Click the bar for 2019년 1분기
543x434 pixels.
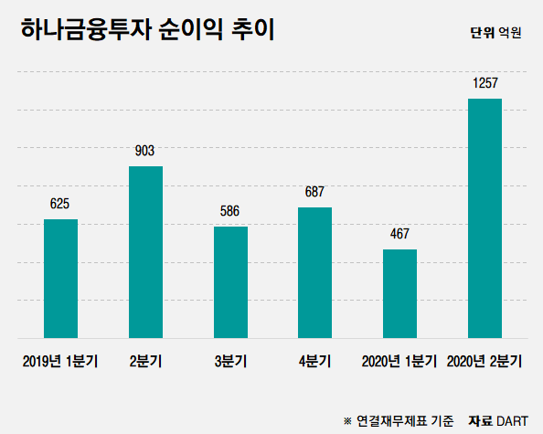pos(60,279)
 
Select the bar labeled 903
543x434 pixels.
pos(145,252)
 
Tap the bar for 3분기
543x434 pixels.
pos(230,282)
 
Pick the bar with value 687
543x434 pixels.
pos(314,272)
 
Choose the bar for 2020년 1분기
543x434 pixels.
pos(399,293)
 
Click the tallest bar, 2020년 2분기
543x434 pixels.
pos(484,218)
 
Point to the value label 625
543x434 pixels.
pos(60,204)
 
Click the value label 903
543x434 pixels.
pos(145,151)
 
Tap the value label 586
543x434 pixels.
pos(230,211)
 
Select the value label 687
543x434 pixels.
pos(314,192)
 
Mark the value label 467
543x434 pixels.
pos(399,234)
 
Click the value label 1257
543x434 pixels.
pos(484,83)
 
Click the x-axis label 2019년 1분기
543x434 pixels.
pos(60,361)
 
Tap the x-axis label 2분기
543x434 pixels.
pos(145,361)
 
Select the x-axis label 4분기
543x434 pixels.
pos(314,361)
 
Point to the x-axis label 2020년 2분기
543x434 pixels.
pos(484,361)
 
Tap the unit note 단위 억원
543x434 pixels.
pos(495,34)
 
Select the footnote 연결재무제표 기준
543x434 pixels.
pos(404,420)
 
